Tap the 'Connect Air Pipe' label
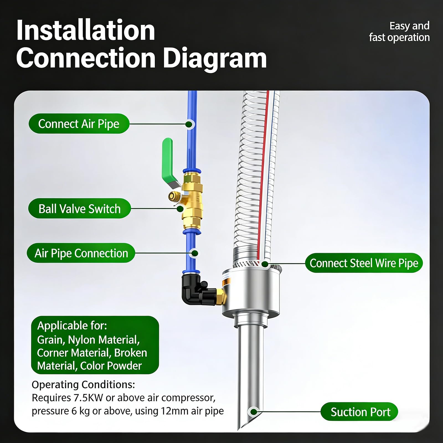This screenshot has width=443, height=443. pos(79,124)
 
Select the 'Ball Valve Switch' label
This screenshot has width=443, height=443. pos(79,208)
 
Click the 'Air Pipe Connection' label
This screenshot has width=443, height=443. pos(81,253)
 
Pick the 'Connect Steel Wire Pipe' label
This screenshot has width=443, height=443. pos(364,263)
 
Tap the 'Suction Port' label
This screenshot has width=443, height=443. pos(359,412)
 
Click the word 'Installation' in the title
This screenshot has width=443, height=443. pos(86,30)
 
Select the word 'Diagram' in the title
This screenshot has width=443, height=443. pos(215,58)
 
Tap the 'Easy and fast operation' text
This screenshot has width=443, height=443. pos(399,32)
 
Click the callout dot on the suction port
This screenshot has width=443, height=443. pos(253,412)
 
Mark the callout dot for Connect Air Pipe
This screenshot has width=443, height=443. pos(189,124)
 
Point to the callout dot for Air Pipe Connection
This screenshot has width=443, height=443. pos(195,253)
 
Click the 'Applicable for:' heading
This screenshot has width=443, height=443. pos(72,326)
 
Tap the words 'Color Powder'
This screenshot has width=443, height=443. pos(111,366)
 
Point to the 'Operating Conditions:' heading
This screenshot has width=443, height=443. pos(83,385)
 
